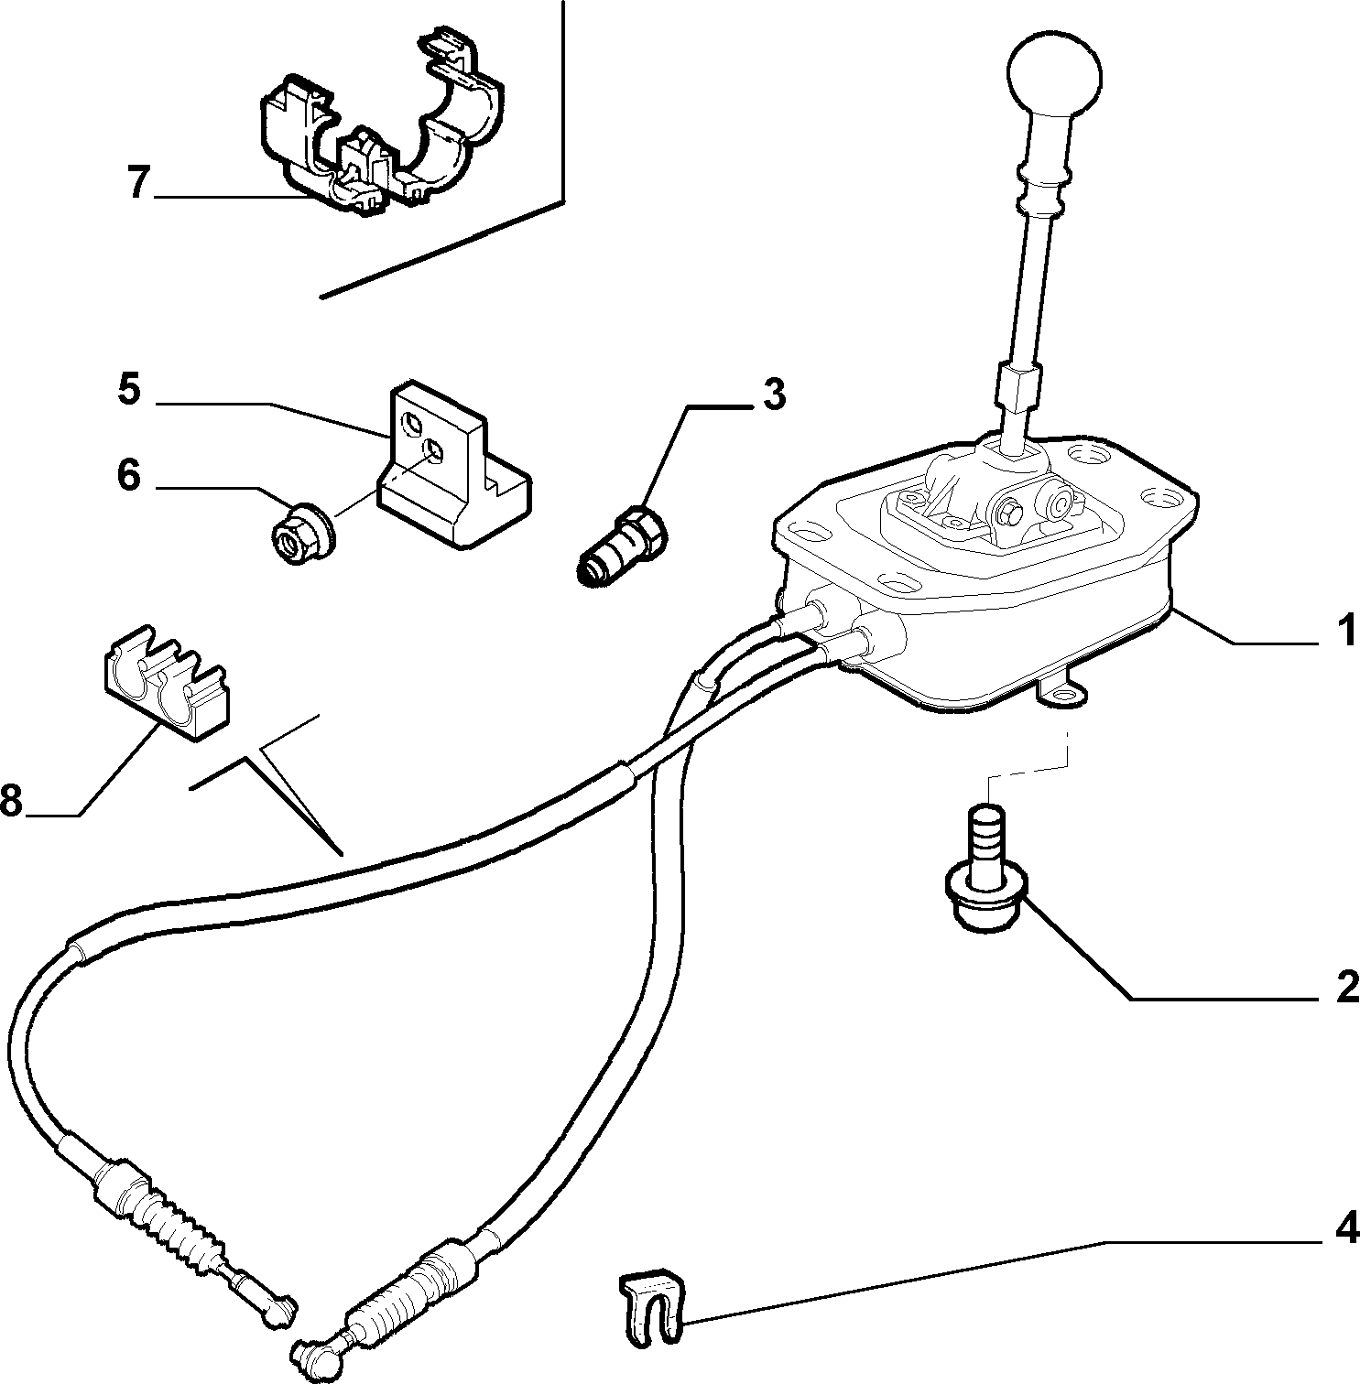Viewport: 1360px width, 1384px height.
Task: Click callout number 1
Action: [1345, 633]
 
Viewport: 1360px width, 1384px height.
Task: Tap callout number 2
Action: [1346, 988]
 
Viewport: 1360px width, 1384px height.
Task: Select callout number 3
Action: [774, 395]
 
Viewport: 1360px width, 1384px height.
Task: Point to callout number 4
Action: [1346, 1228]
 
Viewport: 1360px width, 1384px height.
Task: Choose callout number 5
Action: [129, 390]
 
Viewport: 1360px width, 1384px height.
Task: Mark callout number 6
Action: [128, 475]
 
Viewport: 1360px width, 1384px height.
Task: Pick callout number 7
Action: [137, 183]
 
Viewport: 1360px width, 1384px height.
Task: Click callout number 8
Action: [11, 801]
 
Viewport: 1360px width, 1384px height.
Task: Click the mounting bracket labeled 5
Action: [452, 470]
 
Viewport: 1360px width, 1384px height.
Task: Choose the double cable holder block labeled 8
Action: [162, 683]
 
